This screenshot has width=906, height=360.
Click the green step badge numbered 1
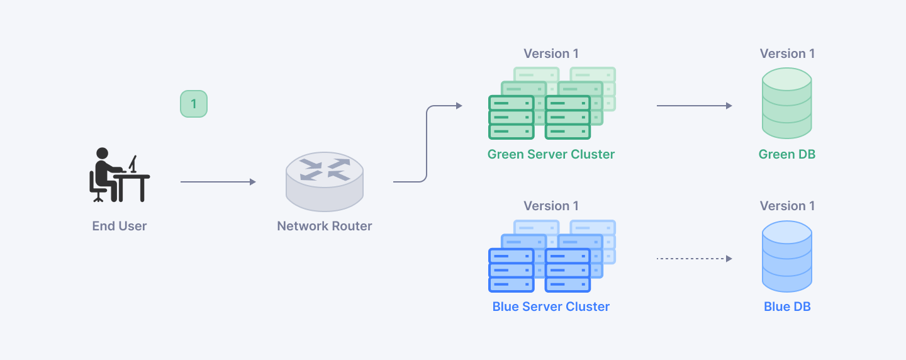pyautogui.click(x=194, y=104)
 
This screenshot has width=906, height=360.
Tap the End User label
pyautogui.click(x=120, y=226)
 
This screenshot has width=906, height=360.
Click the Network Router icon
pyautogui.click(x=324, y=181)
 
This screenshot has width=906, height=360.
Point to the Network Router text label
pyautogui.click(x=324, y=226)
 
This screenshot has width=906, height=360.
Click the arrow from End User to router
pyautogui.click(x=218, y=182)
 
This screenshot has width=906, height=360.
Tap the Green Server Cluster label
pyautogui.click(x=551, y=154)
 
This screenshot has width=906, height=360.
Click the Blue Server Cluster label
pyautogui.click(x=551, y=307)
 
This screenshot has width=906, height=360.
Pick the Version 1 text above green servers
pyautogui.click(x=551, y=53)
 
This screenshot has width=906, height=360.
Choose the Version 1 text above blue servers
pyautogui.click(x=551, y=206)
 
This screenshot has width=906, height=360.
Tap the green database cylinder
pyautogui.click(x=786, y=103)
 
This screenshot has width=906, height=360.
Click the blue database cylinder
pyautogui.click(x=786, y=256)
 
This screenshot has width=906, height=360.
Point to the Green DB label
pyautogui.click(x=786, y=154)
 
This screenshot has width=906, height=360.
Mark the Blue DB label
pyautogui.click(x=786, y=307)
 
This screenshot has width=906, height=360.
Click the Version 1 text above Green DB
pyautogui.click(x=786, y=53)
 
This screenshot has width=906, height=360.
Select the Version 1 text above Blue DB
pyautogui.click(x=786, y=206)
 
